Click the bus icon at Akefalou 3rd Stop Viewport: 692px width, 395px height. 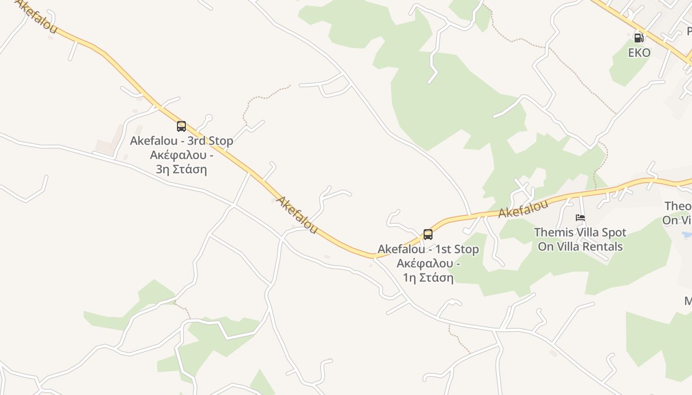181,126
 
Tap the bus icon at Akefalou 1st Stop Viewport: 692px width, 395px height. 428,235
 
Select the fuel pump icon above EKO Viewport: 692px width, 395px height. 639,38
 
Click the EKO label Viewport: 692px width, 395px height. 639,52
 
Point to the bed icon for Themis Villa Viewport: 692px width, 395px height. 580,218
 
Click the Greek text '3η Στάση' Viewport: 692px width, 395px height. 181,169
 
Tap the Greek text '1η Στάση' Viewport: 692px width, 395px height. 428,277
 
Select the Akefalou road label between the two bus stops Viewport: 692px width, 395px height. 297,215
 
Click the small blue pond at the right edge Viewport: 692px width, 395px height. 687,235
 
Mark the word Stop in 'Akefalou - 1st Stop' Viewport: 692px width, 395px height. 466,249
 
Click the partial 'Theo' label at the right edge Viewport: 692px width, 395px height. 678,206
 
